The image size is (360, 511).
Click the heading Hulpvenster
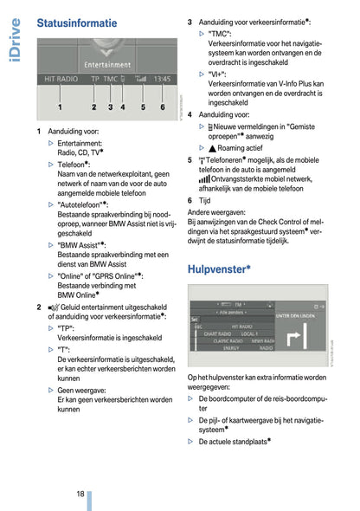pos(219,268)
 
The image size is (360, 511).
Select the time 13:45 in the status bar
pos(161,79)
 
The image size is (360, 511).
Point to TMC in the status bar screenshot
pos(111,79)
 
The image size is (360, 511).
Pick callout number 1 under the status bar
pos(60,107)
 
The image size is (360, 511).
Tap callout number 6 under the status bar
pos(162,107)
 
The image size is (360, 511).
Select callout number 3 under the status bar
pos(110,107)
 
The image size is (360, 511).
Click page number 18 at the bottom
pos(79,494)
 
